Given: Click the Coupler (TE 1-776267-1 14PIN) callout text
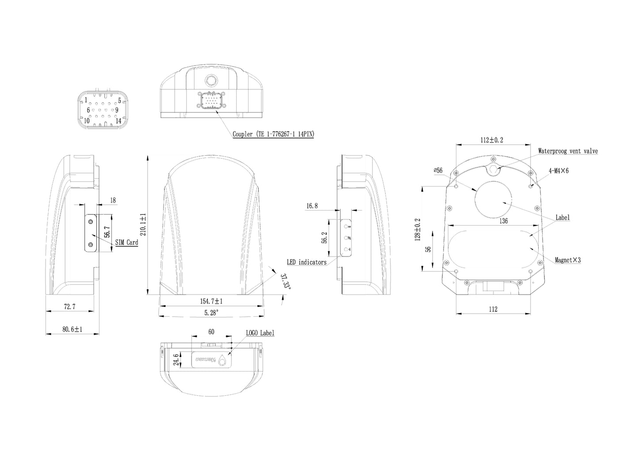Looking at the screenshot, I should point(273,134).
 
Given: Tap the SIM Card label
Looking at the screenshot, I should point(126,242).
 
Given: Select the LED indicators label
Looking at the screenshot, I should point(306,262).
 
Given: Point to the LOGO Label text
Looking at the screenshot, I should point(260,333).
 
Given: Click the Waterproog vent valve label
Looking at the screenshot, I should point(568,151).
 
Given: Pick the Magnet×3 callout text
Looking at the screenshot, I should point(567,260).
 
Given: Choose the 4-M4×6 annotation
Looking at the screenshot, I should point(559,170).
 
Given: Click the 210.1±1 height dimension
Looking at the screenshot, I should point(143,224).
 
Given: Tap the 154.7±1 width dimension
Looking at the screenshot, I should point(211,301).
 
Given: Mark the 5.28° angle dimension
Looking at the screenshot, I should point(211,313).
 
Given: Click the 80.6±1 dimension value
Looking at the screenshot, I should point(72,329).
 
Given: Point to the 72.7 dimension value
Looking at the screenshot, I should point(69,306).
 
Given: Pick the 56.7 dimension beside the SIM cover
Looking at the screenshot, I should point(107,233).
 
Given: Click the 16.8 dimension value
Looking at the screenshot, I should point(311,206).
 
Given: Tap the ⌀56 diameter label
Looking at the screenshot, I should point(438,170).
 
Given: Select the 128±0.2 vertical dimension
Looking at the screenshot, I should point(417,228).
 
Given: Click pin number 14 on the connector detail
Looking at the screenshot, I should point(118,120).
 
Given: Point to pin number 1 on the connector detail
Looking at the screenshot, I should point(86,100).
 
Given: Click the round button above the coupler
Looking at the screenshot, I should point(210,80).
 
